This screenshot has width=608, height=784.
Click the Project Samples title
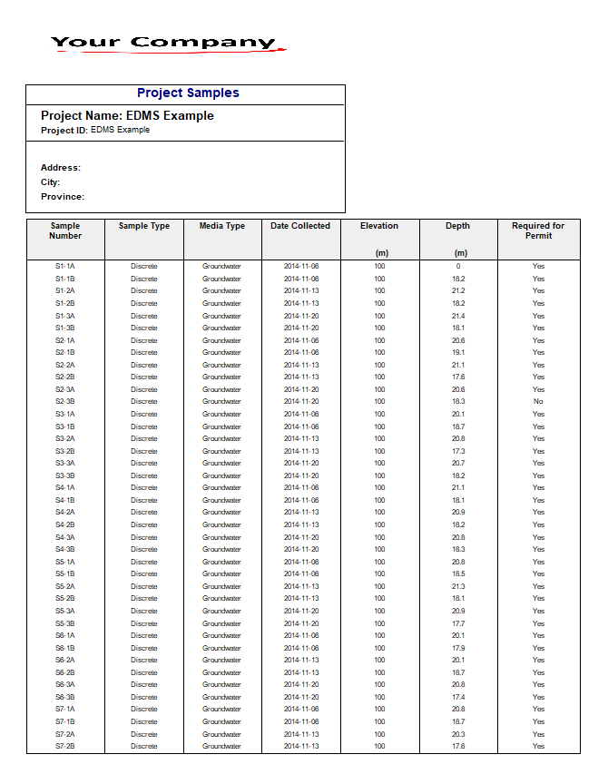(188, 93)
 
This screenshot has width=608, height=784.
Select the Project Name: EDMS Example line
(127, 116)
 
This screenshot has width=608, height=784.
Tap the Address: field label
(61, 168)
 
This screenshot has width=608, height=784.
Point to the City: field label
(50, 182)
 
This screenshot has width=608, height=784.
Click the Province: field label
(63, 197)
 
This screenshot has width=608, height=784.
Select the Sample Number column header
(65, 230)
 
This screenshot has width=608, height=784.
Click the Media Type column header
(222, 226)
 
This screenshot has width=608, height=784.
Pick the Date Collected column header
(300, 226)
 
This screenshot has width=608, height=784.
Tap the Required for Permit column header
(538, 230)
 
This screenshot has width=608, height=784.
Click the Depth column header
(457, 226)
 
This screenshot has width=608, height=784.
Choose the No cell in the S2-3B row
(538, 402)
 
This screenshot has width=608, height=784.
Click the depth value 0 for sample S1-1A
(458, 267)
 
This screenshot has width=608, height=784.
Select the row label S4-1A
(65, 488)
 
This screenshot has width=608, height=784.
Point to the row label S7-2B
(65, 747)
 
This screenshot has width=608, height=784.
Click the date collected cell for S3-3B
(301, 475)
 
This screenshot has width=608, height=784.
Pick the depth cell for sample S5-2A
(458, 586)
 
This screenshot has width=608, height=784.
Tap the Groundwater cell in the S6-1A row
(222, 636)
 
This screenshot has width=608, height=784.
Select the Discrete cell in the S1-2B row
(144, 303)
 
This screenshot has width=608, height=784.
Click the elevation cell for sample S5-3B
(379, 623)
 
